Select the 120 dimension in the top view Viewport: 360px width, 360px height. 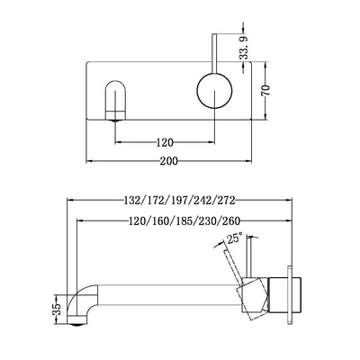pos(163,140)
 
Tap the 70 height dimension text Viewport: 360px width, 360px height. pos(290,92)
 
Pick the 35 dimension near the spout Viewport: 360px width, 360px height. pos(58,308)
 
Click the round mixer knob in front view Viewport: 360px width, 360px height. pos(213,93)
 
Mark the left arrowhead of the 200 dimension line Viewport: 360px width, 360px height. pos(88,164)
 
